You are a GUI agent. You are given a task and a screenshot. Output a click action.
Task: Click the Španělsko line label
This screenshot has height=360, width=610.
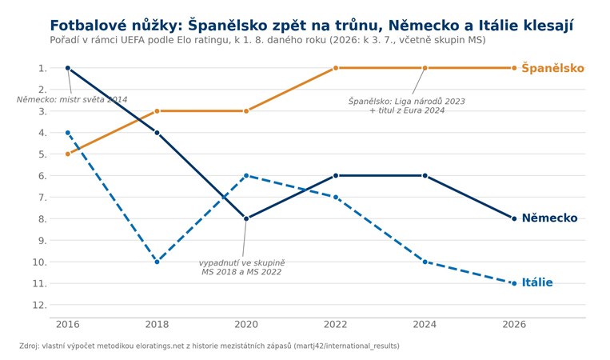552,69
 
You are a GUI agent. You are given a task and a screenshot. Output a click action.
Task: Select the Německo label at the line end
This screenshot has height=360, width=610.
549,218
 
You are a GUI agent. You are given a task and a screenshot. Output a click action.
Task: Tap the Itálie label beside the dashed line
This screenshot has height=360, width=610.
537,282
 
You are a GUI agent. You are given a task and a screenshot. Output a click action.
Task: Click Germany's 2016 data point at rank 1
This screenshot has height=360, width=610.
68,68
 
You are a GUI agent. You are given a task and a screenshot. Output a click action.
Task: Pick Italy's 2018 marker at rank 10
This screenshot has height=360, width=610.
157,262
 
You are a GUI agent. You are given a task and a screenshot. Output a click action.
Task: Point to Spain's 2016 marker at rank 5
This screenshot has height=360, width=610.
68,154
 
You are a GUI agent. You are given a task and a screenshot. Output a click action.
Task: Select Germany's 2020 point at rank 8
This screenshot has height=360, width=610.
246,218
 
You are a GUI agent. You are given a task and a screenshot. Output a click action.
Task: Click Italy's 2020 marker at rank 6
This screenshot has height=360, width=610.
246,175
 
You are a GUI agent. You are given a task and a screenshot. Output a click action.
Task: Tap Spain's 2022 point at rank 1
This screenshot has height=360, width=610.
336,68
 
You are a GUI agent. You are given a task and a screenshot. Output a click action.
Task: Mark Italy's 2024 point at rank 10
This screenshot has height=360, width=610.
425,262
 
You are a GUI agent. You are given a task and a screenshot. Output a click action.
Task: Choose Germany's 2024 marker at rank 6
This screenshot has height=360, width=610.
425,175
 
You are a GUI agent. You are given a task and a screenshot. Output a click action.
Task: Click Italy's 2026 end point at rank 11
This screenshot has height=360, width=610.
514,283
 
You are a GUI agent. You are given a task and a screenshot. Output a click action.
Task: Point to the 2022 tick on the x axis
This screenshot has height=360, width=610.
335,325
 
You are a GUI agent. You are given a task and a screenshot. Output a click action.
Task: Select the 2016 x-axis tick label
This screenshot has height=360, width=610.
68,325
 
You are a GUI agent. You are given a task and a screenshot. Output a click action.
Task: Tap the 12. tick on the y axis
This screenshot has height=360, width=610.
40,305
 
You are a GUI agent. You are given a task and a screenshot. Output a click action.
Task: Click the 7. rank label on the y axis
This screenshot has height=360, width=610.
42,198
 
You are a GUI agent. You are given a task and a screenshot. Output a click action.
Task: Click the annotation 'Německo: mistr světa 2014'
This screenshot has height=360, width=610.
72,100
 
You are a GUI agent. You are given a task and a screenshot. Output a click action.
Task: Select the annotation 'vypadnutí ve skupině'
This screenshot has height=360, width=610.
241,263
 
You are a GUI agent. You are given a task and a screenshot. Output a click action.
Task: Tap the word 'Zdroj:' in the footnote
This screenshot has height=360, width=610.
29,346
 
